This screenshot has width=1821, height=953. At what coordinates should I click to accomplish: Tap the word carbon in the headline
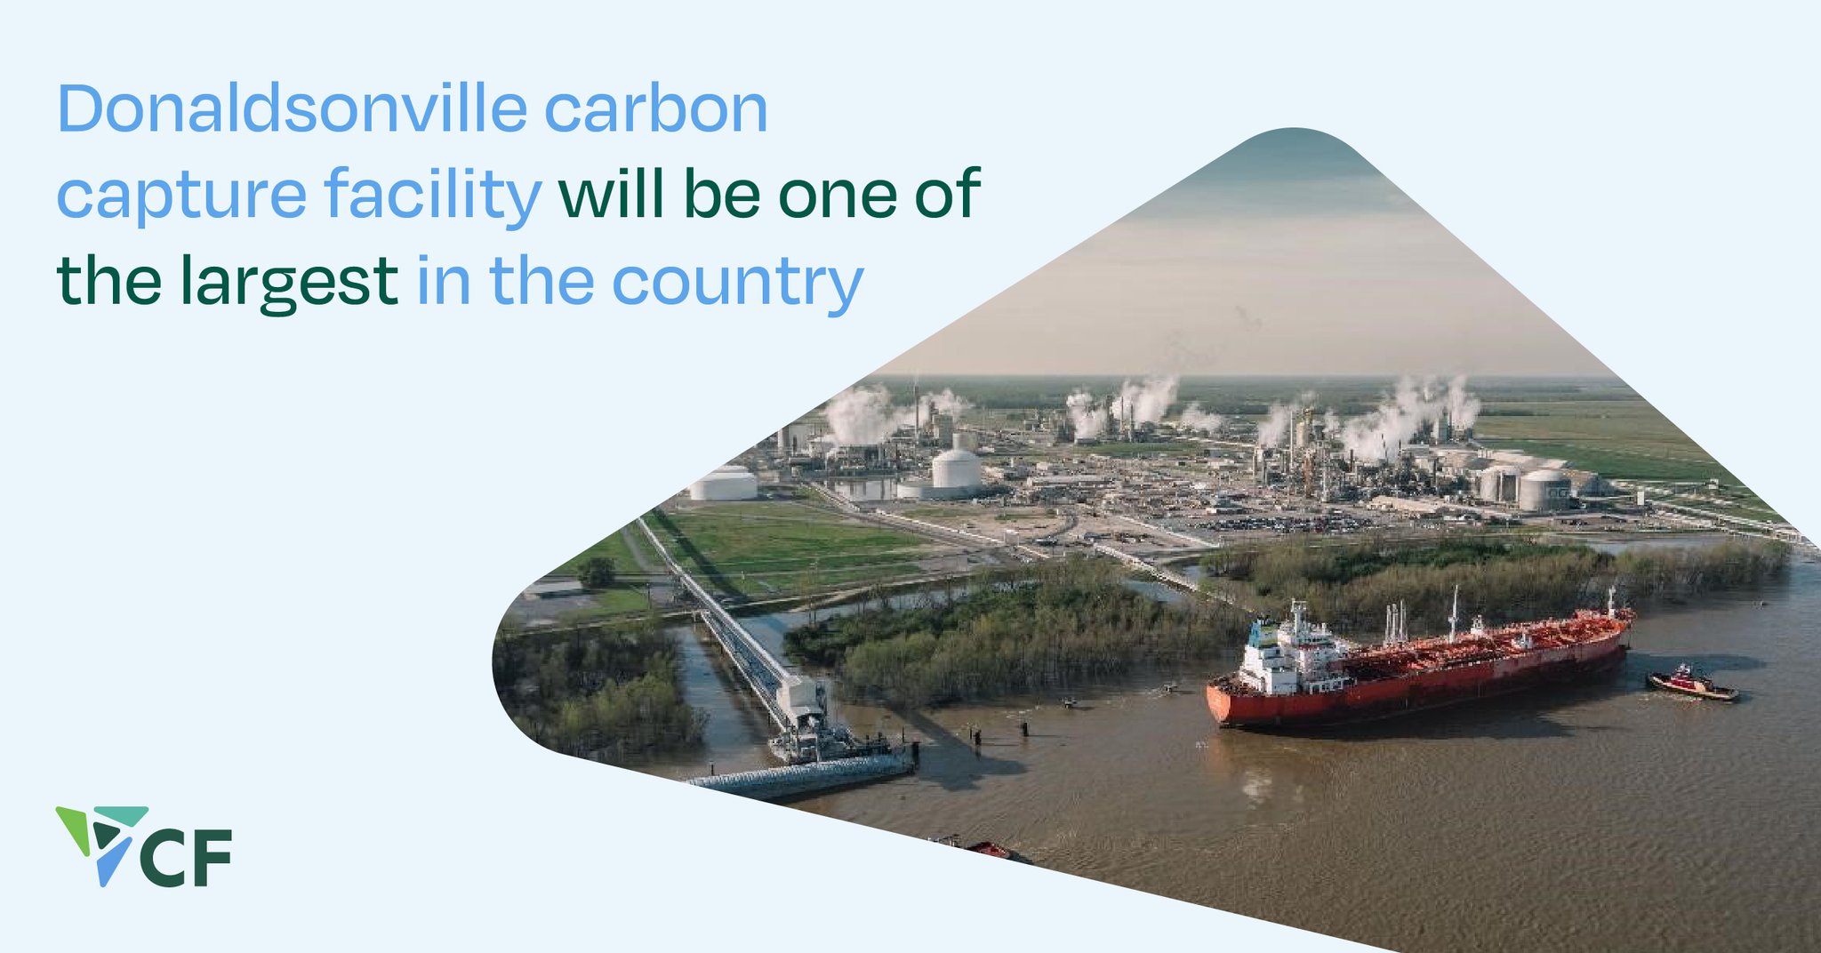(x=655, y=110)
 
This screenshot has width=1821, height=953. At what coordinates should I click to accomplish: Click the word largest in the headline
(x=290, y=283)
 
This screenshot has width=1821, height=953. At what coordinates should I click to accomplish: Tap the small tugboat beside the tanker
(x=1691, y=684)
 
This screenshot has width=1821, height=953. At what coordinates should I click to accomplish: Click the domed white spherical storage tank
(x=956, y=468)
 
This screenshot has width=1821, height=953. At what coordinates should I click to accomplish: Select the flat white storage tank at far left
(x=723, y=485)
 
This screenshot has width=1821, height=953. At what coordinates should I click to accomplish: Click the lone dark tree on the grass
(x=597, y=572)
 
